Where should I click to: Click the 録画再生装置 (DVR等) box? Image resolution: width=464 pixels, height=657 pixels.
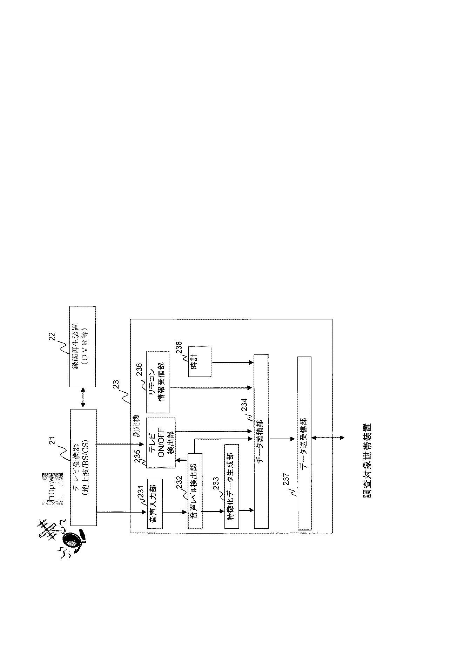[x=82, y=346]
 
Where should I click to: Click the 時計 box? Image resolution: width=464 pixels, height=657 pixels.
[x=200, y=362]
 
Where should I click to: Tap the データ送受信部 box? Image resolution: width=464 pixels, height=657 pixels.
[x=304, y=443]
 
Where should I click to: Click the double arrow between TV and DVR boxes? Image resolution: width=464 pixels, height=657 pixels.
[x=83, y=398]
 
